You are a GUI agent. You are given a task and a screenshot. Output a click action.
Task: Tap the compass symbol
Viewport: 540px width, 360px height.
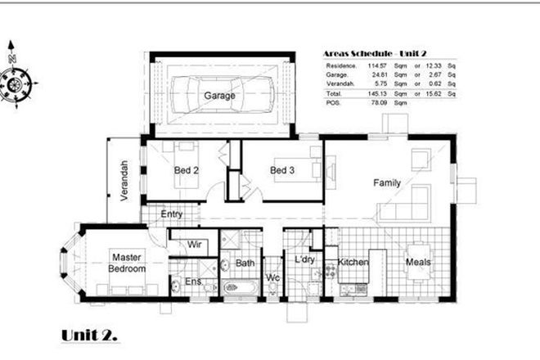[x=16, y=81]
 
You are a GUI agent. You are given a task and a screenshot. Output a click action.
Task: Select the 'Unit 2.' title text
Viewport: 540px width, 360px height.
[x=89, y=335]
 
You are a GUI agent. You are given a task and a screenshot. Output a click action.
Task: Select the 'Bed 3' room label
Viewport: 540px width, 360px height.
[x=282, y=170]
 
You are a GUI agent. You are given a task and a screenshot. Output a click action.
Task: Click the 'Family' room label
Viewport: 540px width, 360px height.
[x=387, y=182]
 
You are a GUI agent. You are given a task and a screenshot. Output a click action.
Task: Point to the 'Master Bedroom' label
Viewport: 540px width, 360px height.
[x=128, y=262]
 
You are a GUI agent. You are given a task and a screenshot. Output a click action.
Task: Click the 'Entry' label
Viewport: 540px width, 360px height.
[x=172, y=214]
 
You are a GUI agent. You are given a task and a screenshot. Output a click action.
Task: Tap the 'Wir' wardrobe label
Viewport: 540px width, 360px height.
[x=195, y=244]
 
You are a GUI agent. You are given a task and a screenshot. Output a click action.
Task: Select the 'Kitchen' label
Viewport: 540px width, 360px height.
[x=353, y=263]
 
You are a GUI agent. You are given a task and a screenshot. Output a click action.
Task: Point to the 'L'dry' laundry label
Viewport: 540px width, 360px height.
[x=304, y=260]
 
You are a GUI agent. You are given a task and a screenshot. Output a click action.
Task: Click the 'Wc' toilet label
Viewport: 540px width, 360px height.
[x=272, y=278]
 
